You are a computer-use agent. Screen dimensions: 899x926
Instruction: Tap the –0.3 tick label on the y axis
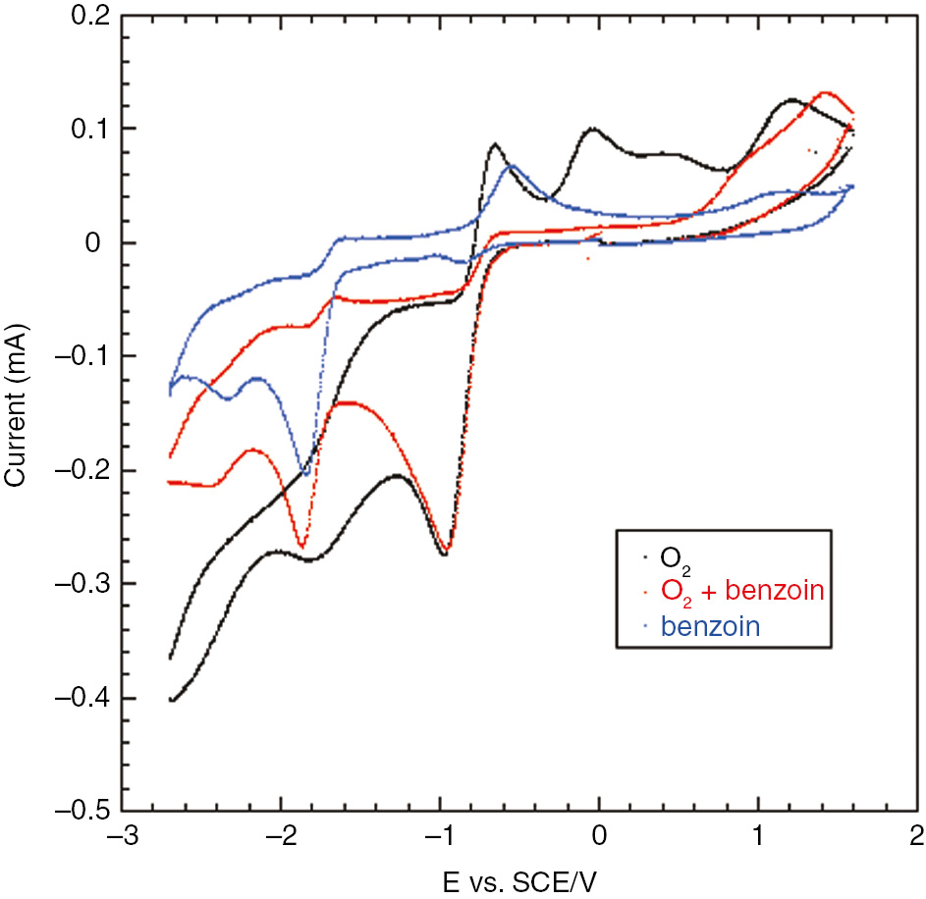tap(79, 585)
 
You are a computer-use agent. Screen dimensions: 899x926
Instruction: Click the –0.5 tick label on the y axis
tap(79, 813)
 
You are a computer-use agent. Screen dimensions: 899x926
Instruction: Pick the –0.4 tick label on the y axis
tap(79, 699)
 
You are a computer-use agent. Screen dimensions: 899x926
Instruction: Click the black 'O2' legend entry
tap(674, 557)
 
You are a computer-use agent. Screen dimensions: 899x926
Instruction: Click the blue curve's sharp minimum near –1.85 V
tap(305, 475)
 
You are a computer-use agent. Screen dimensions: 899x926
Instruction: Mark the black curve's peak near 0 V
tap(593, 129)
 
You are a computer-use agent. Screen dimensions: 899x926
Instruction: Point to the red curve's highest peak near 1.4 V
tap(825, 93)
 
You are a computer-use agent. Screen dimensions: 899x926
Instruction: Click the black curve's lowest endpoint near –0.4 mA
tap(172, 700)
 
